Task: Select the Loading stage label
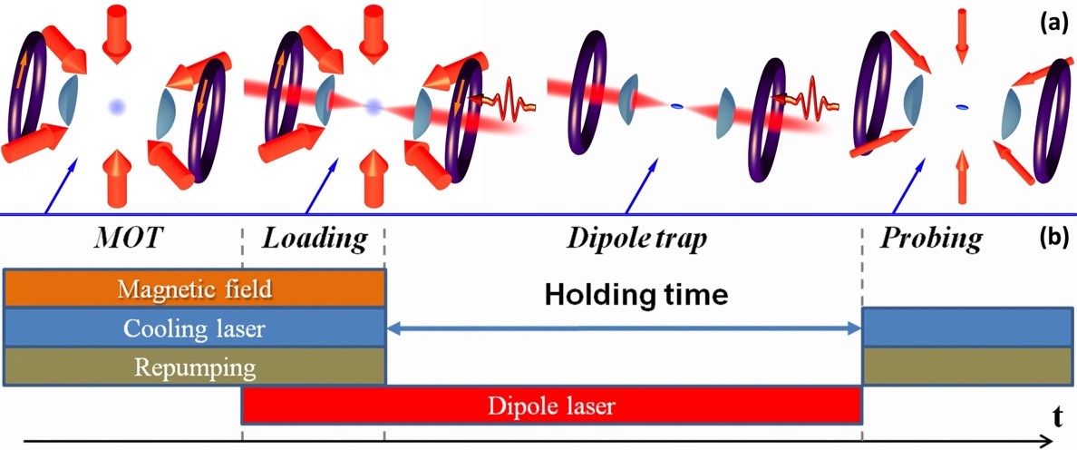click(x=315, y=240)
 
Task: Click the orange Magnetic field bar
click(x=195, y=289)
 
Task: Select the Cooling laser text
click(x=195, y=328)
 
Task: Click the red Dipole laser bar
click(x=550, y=406)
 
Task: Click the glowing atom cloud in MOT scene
click(x=115, y=107)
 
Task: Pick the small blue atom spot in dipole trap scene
click(x=675, y=107)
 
